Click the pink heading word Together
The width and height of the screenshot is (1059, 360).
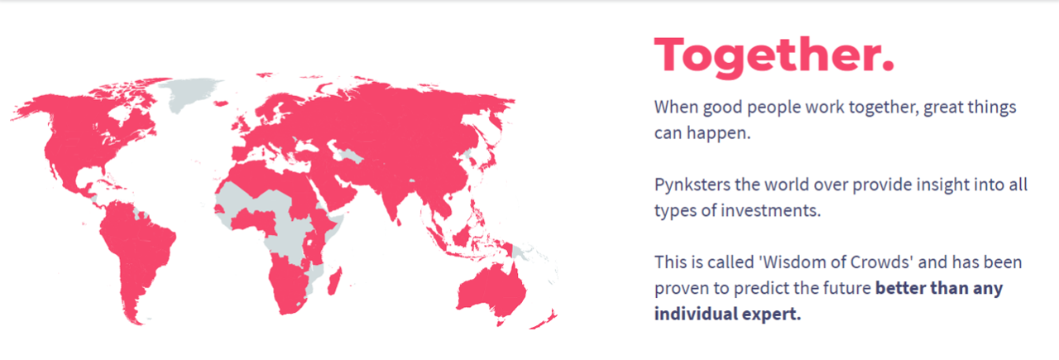tap(774, 55)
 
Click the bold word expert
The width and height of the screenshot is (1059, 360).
tap(772, 314)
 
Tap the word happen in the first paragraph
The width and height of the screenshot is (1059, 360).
tap(719, 133)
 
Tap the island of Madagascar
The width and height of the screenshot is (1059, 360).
tap(335, 281)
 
